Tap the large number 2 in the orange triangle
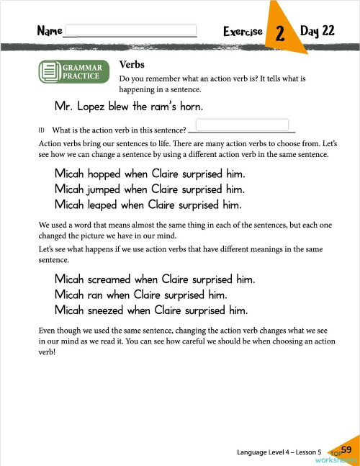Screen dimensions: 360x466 click(279, 34)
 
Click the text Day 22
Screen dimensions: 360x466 click(318, 32)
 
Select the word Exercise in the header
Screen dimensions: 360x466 click(243, 32)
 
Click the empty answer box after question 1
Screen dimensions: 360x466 click(241, 125)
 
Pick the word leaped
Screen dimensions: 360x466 click(102, 205)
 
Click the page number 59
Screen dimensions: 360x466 click(346, 450)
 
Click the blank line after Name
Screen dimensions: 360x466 click(130, 32)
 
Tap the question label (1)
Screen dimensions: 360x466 click(42, 130)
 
